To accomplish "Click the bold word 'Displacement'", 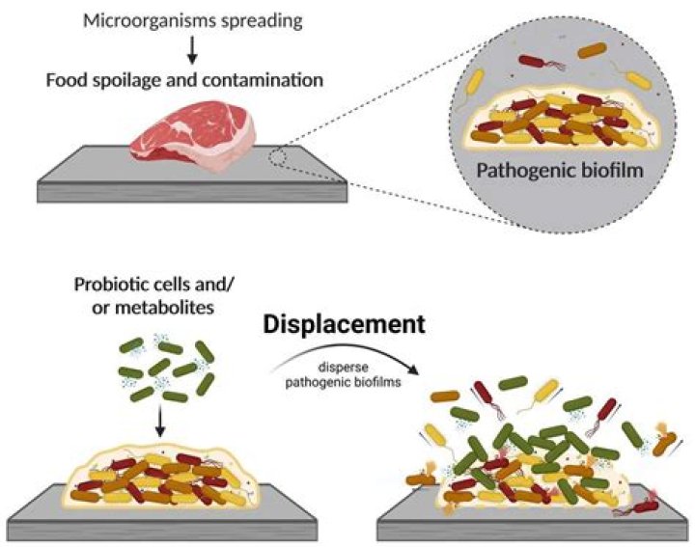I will click(x=358, y=325).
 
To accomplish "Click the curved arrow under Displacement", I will click(x=352, y=355).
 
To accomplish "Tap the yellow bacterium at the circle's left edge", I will click(x=471, y=89).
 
